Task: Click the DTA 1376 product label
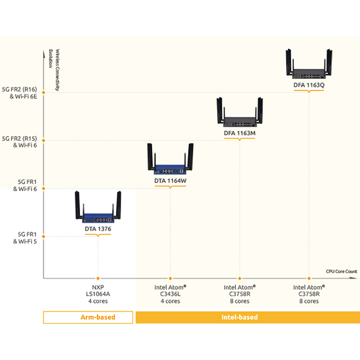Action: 98,229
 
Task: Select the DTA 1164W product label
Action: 170,181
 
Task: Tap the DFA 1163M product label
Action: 240,133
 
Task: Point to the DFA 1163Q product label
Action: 309,85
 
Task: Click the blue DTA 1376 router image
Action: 98,207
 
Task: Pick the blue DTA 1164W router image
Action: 170,159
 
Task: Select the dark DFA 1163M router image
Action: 240,112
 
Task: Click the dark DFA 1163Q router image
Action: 309,63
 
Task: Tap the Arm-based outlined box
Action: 88,317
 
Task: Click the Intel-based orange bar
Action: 248,317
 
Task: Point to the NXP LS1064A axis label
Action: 98,294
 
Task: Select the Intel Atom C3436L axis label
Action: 170,294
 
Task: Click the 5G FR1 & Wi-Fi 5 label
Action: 25,238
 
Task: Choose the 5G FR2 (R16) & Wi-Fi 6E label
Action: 20,92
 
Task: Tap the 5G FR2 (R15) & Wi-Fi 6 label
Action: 20,142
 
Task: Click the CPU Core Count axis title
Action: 341,271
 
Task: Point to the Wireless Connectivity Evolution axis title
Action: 54,70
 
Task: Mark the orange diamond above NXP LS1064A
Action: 98,279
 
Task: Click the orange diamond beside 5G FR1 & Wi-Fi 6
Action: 43,189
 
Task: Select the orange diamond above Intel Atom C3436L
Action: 170,279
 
